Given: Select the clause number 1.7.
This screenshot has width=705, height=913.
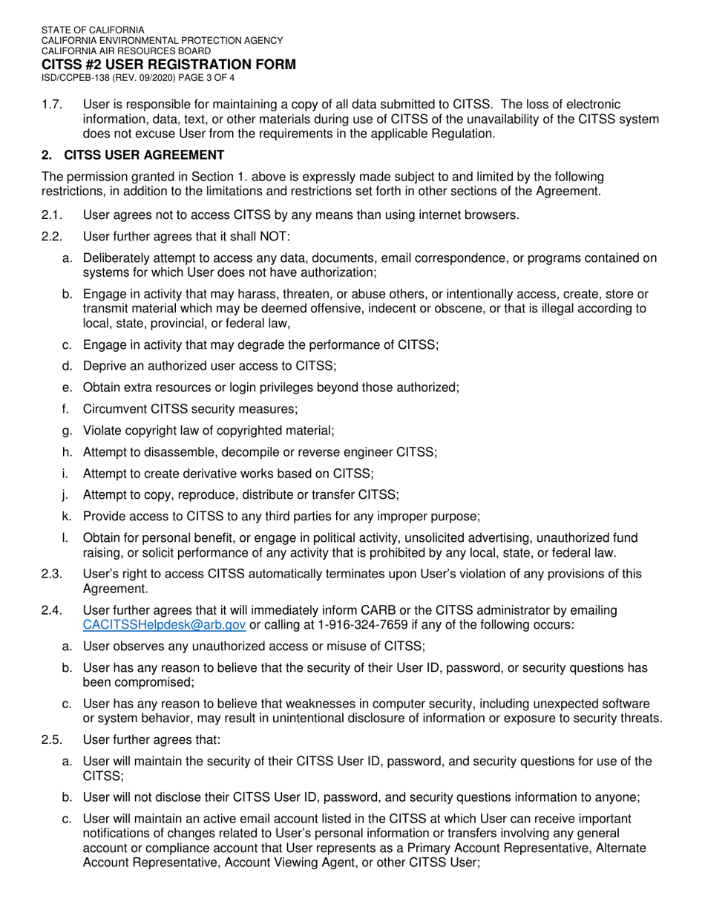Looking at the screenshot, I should pyautogui.click(x=51, y=105).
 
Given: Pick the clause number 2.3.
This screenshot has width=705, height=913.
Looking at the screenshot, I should pyautogui.click(x=51, y=573).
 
